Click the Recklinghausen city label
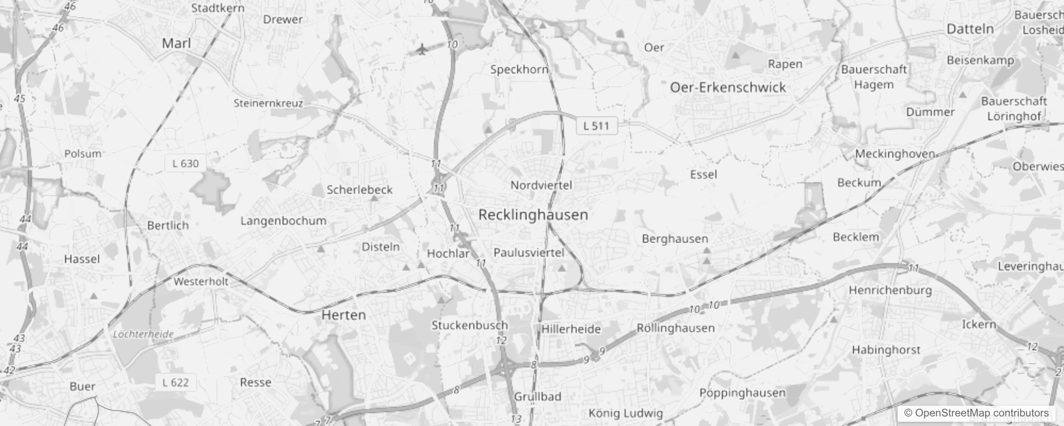tap(533, 215)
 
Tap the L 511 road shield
tap(596, 126)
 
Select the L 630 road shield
tap(186, 163)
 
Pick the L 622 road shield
tap(175, 382)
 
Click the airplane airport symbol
tap(422, 50)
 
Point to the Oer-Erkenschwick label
tap(728, 87)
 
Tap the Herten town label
tap(343, 315)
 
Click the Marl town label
tap(176, 43)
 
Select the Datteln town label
tap(970, 29)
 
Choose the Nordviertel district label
tap(541, 185)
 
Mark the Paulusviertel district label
tap(529, 252)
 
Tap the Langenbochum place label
tap(283, 220)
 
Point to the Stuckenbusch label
tap(470, 325)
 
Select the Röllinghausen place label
tap(675, 328)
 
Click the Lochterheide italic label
tap(143, 334)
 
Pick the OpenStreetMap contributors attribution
tap(976, 413)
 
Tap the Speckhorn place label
tap(519, 69)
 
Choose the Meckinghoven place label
tap(895, 154)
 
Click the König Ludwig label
tap(626, 413)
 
